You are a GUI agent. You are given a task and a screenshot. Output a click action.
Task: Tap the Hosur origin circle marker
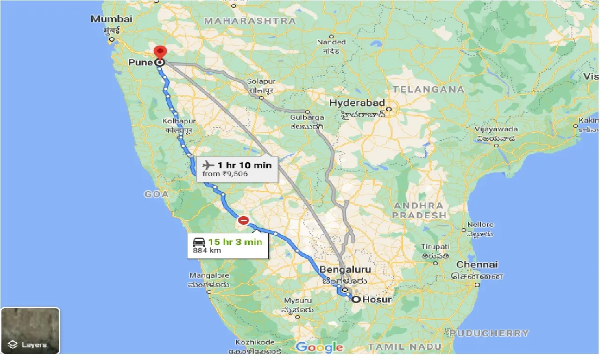click(x=356, y=299)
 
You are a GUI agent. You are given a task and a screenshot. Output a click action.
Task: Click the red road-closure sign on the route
click(x=243, y=220)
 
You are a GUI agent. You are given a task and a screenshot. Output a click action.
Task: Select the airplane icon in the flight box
click(x=208, y=165)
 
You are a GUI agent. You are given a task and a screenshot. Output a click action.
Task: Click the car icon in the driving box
click(x=199, y=242)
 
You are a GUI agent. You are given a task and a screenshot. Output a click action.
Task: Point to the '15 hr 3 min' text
click(x=235, y=242)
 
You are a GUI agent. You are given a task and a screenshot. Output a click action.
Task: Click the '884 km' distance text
click(x=207, y=251)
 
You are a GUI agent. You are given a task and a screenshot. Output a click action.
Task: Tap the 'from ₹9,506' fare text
click(x=225, y=174)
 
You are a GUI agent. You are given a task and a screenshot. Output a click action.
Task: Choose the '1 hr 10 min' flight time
click(x=244, y=165)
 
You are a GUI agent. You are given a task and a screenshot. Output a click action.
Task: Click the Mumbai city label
click(x=112, y=19)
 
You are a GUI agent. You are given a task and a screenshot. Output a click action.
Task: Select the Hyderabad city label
click(x=357, y=103)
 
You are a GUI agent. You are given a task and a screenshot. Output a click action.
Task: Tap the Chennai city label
click(x=477, y=265)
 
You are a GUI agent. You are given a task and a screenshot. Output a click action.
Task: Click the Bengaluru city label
click(x=345, y=270)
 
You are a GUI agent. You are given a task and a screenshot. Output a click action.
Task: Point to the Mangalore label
click(x=209, y=276)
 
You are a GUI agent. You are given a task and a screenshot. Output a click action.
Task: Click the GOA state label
click(x=157, y=194)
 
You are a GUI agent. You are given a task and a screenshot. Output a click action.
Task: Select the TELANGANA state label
click(x=429, y=89)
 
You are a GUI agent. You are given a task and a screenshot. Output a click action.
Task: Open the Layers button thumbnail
click(x=30, y=331)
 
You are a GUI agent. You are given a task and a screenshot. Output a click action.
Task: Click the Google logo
click(x=320, y=347)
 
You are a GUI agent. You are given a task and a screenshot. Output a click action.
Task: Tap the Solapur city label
click(x=261, y=81)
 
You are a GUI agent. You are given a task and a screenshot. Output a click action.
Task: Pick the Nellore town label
click(x=480, y=225)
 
